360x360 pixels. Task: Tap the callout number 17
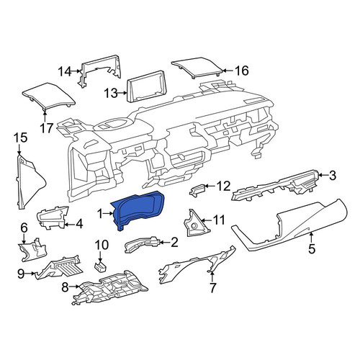click(46, 128)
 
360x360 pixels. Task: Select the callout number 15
click(20, 138)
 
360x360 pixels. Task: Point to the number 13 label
click(111, 93)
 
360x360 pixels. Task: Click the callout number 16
click(242, 71)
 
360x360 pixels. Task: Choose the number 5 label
click(312, 248)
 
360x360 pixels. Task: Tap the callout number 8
click(65, 287)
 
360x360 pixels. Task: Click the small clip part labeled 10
click(100, 266)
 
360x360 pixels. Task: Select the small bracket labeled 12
click(197, 190)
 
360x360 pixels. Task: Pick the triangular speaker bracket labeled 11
click(195, 222)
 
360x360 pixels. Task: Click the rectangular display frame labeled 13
click(146, 87)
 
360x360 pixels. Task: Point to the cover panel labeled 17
click(48, 96)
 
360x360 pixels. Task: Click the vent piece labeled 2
click(142, 244)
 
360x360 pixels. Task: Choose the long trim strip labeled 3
click(276, 185)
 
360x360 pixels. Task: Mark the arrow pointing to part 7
click(212, 276)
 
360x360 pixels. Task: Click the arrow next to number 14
click(76, 71)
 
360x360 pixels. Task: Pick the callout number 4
click(79, 224)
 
